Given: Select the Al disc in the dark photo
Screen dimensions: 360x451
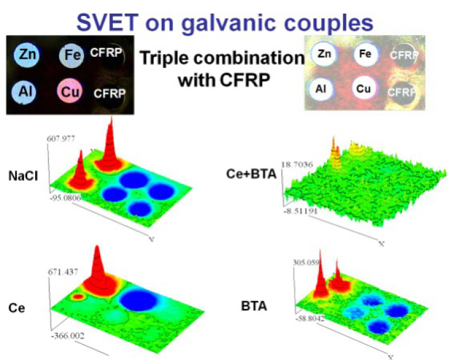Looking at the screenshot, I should (27, 90).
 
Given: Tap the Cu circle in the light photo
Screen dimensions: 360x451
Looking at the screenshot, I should (364, 89).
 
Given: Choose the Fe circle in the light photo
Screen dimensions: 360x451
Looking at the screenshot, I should (365, 55).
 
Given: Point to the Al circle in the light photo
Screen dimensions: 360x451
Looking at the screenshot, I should (321, 88).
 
